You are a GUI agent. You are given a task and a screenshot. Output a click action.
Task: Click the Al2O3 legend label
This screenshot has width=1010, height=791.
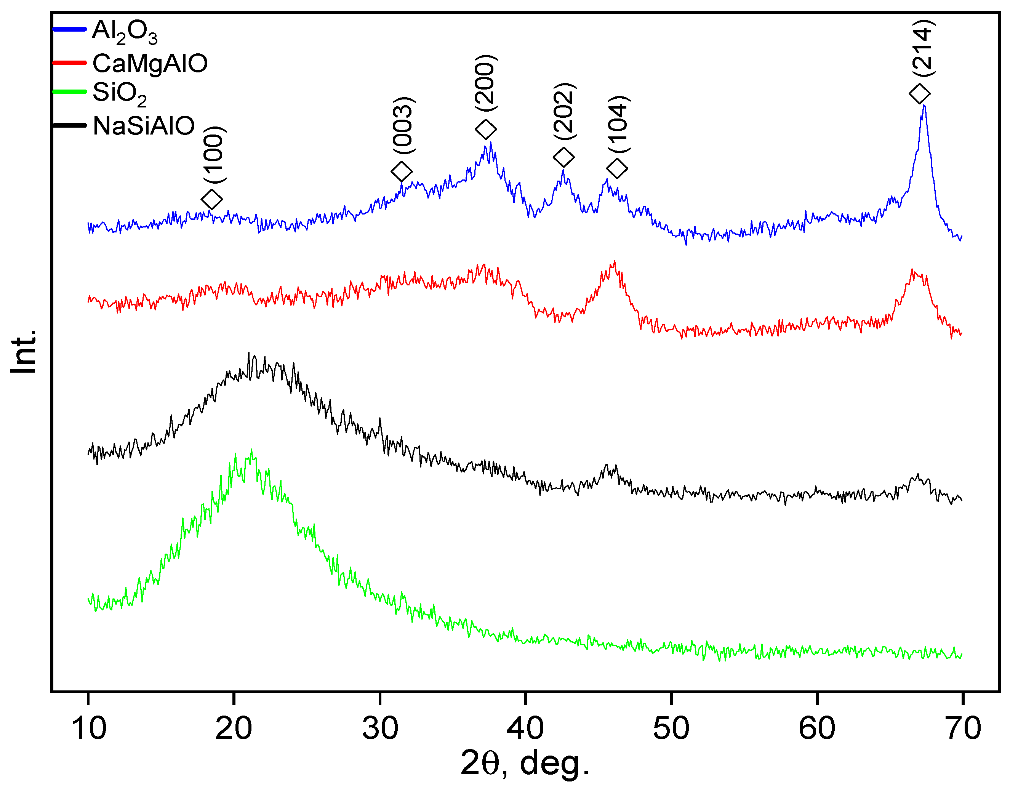tap(125, 32)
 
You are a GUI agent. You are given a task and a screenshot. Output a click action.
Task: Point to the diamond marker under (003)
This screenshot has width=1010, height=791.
tap(402, 171)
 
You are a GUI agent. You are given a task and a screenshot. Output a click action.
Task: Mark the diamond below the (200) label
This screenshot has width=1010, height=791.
tap(486, 129)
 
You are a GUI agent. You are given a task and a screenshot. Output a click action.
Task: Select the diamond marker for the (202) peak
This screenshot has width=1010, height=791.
tap(563, 157)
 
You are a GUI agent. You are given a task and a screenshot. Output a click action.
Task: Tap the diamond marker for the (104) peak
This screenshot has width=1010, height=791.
tap(617, 168)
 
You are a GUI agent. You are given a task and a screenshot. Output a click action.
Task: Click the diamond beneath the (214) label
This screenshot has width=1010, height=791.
tap(920, 94)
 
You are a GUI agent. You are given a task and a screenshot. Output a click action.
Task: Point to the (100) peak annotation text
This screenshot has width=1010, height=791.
tap(214, 154)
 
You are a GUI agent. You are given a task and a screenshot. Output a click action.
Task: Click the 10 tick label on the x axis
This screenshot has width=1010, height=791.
tap(89, 729)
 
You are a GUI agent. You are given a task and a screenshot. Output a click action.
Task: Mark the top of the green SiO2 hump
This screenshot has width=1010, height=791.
tap(251, 450)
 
